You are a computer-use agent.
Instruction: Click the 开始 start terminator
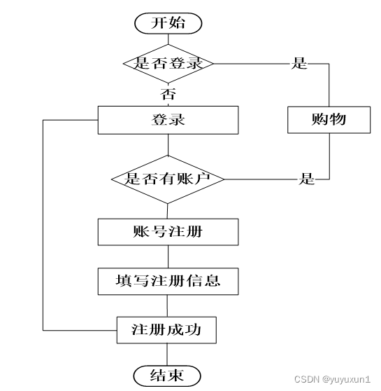(168, 23)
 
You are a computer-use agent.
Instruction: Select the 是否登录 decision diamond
(168, 64)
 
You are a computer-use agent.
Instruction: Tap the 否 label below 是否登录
(168, 94)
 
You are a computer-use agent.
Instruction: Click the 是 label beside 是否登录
(299, 63)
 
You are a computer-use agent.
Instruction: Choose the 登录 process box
(168, 120)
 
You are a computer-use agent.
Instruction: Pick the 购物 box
(329, 120)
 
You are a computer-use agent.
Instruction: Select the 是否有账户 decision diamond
(168, 179)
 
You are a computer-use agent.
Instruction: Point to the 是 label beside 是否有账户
(306, 179)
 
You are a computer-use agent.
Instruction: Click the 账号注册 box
(168, 232)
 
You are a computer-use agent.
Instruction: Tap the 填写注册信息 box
(168, 281)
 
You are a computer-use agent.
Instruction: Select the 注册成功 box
(166, 330)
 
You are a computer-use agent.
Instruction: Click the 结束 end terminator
(167, 376)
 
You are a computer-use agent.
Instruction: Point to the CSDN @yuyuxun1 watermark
(332, 379)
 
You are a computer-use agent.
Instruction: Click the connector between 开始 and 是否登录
(168, 39)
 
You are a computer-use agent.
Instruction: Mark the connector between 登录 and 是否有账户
(168, 145)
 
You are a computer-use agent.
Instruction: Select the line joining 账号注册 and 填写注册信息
(168, 256)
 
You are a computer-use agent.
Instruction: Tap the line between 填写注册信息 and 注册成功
(167, 306)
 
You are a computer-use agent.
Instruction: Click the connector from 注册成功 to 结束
(167, 355)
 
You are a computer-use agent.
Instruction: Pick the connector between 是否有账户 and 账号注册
(168, 211)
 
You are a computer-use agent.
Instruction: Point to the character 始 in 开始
(177, 23)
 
